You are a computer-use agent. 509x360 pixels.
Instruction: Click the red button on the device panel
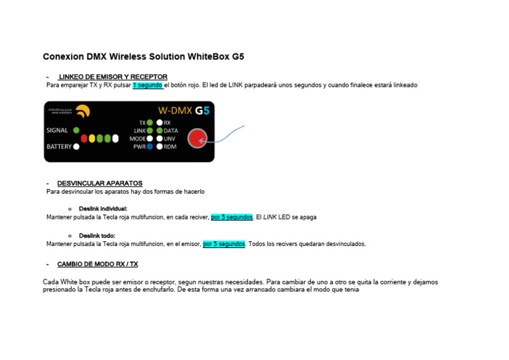[x=197, y=139]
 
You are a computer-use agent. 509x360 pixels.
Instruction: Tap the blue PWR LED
[x=150, y=147]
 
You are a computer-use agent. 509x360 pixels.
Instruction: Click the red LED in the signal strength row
[x=84, y=139]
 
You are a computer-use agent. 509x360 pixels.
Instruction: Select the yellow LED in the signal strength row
[x=92, y=139]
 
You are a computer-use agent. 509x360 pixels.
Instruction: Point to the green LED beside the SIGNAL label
[x=76, y=130]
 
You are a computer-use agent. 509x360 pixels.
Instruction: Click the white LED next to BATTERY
[x=76, y=147]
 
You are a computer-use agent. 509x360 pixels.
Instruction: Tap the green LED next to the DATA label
[x=159, y=131]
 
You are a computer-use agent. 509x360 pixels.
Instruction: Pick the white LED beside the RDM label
[x=159, y=147]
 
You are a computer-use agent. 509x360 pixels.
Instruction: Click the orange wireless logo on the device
[x=83, y=111]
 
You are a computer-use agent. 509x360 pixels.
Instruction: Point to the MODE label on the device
[x=137, y=139]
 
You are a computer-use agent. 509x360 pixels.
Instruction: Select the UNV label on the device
[x=170, y=139]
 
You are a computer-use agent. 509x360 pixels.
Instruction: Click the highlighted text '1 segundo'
[x=147, y=86]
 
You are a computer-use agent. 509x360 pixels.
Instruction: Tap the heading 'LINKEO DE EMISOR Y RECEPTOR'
[x=113, y=77]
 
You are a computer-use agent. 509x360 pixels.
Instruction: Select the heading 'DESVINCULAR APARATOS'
[x=99, y=183]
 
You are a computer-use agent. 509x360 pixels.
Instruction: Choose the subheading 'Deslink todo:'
[x=97, y=235]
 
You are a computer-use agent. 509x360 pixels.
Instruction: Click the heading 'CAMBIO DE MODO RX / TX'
[x=97, y=264]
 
